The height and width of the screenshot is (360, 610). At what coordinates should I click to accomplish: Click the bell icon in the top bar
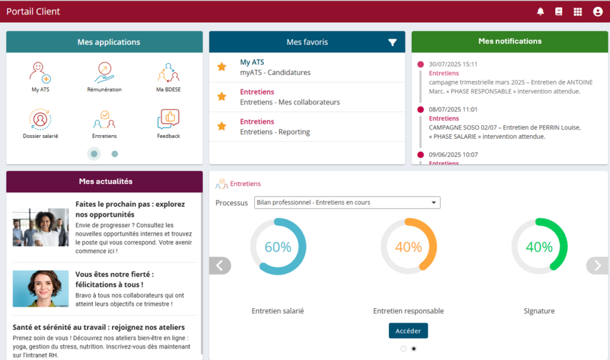(541, 11)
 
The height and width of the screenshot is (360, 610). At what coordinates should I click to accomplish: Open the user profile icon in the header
(597, 11)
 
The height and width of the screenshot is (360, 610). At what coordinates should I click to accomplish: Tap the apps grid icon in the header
(577, 11)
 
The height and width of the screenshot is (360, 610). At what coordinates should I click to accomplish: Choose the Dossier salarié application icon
(41, 119)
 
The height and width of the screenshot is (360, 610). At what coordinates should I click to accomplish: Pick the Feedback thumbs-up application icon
(168, 119)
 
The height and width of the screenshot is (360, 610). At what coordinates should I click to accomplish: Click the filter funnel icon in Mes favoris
(392, 42)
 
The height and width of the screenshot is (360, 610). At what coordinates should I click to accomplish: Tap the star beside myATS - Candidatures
(222, 67)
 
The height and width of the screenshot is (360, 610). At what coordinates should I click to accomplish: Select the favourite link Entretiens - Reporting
(275, 132)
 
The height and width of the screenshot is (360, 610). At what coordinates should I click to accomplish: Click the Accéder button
(408, 331)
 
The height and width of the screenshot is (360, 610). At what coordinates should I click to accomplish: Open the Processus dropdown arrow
(434, 203)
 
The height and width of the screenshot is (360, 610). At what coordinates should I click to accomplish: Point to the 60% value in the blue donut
(278, 247)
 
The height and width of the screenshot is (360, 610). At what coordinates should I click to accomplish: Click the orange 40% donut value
(409, 247)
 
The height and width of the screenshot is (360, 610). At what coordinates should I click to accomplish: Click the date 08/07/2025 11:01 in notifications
(453, 110)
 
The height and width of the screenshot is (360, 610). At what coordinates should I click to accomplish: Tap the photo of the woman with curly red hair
(41, 288)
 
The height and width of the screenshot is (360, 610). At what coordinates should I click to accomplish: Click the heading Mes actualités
(105, 181)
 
